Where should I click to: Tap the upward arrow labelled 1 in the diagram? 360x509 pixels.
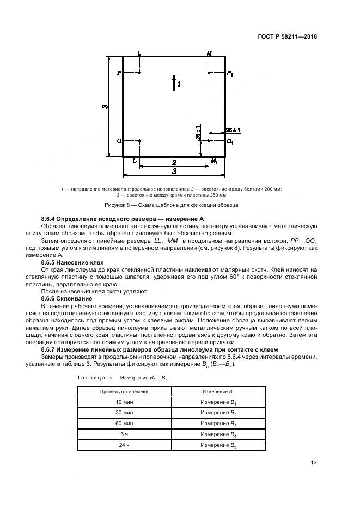[x=174, y=82]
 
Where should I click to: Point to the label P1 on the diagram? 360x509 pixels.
[x=231, y=73]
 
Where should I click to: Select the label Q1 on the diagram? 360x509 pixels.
[x=230, y=142]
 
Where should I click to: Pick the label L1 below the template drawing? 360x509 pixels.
[x=136, y=161]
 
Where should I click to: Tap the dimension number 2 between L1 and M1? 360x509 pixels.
[x=174, y=162]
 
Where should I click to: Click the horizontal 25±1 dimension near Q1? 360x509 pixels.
[x=233, y=130]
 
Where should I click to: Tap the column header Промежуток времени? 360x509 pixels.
[x=124, y=391]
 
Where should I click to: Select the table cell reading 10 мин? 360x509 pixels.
[x=124, y=402]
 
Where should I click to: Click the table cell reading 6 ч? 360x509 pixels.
[x=124, y=434]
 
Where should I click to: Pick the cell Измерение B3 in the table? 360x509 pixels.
[x=218, y=424]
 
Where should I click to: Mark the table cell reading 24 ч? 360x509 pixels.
[x=124, y=445]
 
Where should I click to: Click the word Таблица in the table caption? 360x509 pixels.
[x=89, y=377]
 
